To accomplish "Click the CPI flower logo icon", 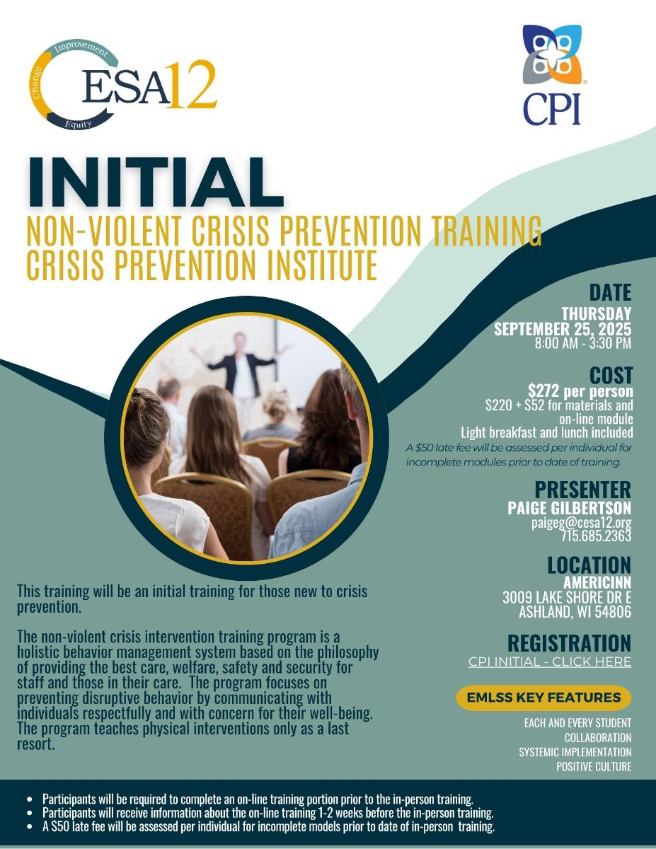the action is click(x=552, y=54).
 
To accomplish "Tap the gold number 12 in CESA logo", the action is click(x=192, y=84).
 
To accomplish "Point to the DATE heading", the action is click(x=610, y=293).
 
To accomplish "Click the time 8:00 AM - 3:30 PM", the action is click(x=583, y=343).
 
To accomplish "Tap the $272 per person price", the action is click(x=580, y=391).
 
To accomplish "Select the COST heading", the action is click(x=611, y=375).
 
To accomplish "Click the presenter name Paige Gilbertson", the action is click(x=569, y=507).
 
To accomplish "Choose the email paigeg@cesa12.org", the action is click(x=581, y=523).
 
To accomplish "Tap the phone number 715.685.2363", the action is click(x=597, y=536).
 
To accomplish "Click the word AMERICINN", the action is click(x=597, y=582).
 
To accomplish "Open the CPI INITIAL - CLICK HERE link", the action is click(x=550, y=662).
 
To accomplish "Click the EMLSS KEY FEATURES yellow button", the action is click(x=543, y=698).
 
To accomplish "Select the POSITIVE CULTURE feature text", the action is click(x=594, y=766).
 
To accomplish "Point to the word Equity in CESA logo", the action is click(x=78, y=125).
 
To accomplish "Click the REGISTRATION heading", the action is click(x=569, y=643).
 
